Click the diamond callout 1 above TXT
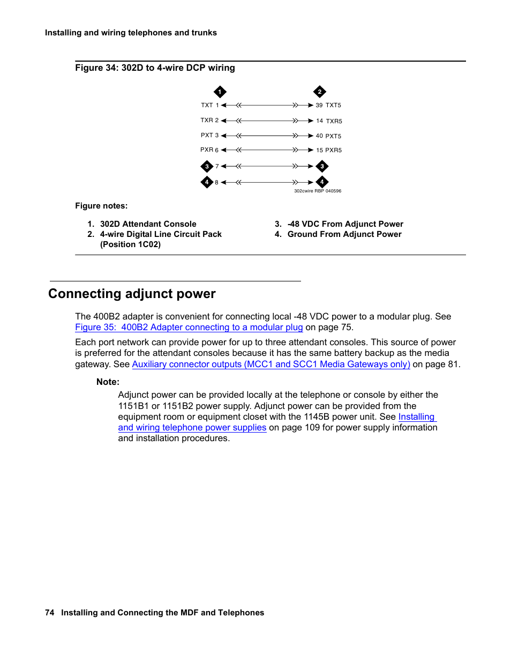pos(220,92)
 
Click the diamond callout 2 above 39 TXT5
pos(320,92)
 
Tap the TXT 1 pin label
pos(209,106)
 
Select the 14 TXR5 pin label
pos(328,121)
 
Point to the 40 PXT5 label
pos(328,136)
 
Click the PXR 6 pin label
pos(209,150)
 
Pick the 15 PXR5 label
pos(328,151)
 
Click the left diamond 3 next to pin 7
pos(207,167)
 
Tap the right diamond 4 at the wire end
pos(322,182)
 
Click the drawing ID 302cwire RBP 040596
pos(317,191)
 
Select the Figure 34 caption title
pos(155,68)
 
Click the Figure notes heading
pos(101,206)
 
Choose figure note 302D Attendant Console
pos(148,224)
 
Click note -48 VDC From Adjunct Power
pos(345,224)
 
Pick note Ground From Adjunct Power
pos(344,234)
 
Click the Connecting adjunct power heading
pos(132,294)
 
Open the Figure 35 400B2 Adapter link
pos(189,328)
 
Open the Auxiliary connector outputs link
pos(270,365)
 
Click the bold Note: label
pos(108,382)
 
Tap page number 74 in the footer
pos(50,613)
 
